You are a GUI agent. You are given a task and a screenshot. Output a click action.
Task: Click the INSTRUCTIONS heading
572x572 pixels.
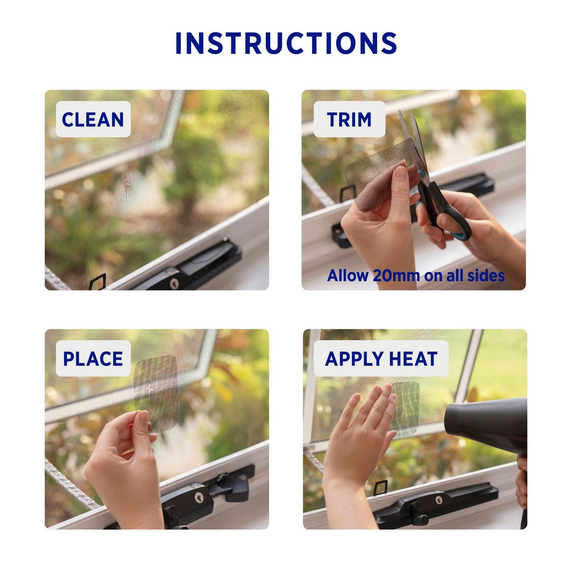coord(286,43)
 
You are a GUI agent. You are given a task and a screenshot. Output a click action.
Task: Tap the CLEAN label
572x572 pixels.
coord(93,119)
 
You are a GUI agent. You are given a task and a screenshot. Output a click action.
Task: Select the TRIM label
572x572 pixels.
coord(349,119)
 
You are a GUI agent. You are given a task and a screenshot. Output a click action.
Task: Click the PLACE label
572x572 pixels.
coord(93,359)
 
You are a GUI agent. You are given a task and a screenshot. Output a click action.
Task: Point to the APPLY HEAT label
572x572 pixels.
coord(381,359)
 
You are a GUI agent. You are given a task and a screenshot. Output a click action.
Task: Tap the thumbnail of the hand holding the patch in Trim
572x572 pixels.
coord(401,173)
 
